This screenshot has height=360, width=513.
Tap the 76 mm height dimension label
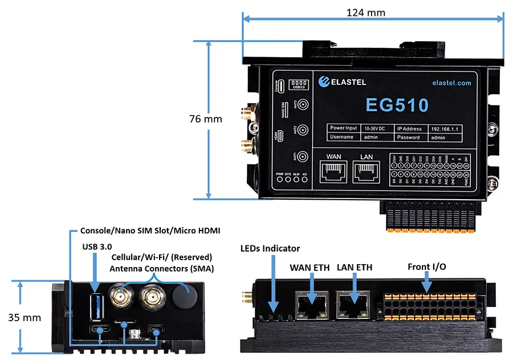pos(206,119)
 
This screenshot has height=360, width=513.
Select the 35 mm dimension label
pos(25,318)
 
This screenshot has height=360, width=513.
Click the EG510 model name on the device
pos(397,105)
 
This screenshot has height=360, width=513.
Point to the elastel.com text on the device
pos(452,83)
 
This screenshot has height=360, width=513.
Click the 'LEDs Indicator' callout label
pos(270,249)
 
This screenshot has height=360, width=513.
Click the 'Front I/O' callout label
pos(427,266)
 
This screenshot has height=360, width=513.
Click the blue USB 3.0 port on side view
pos(96,306)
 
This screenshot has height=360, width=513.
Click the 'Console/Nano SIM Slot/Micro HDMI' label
pos(150,230)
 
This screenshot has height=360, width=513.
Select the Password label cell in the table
pos(409,137)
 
